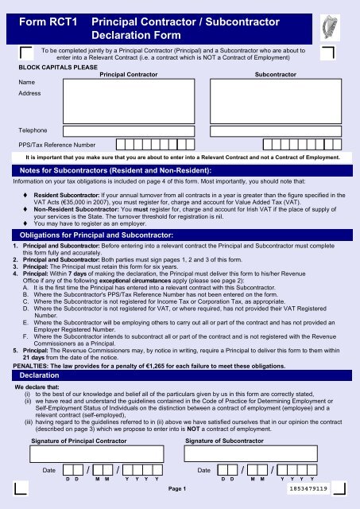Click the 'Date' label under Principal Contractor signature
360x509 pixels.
pyautogui.click(x=49, y=471)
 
